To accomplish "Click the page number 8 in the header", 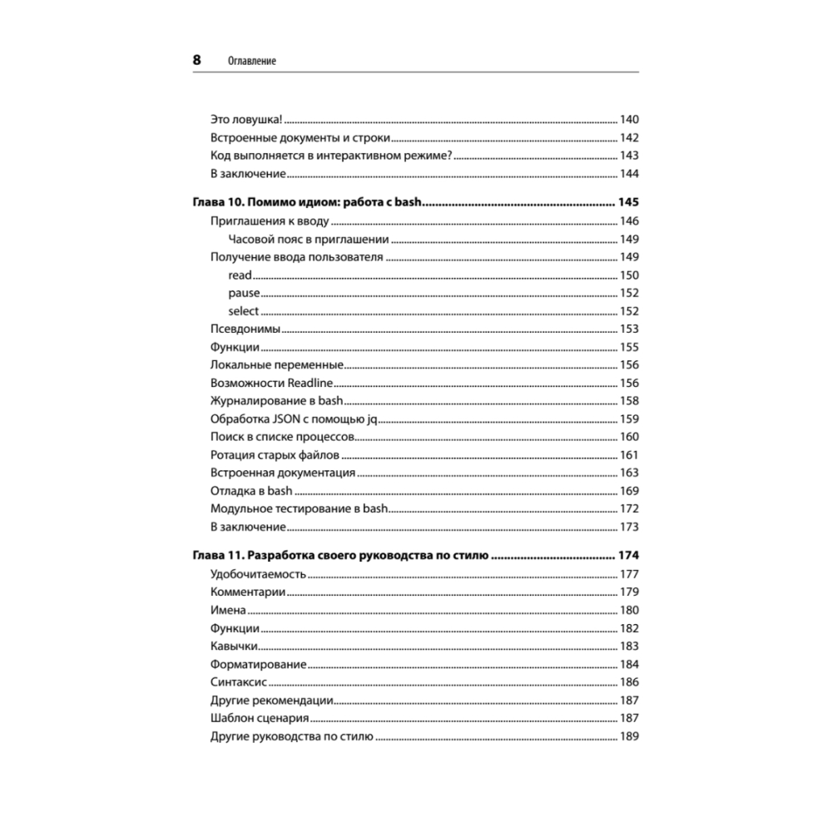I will tap(197, 60).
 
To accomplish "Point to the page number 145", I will tap(627, 203).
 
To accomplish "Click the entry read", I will tap(240, 275).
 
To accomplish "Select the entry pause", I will tap(244, 294).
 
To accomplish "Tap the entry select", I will tap(244, 311).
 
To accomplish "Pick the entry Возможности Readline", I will tap(271, 384).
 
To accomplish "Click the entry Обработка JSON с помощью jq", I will tap(295, 418).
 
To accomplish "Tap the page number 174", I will tap(627, 556).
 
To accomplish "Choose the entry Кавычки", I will tap(235, 646).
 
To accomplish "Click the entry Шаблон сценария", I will tap(260, 718).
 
